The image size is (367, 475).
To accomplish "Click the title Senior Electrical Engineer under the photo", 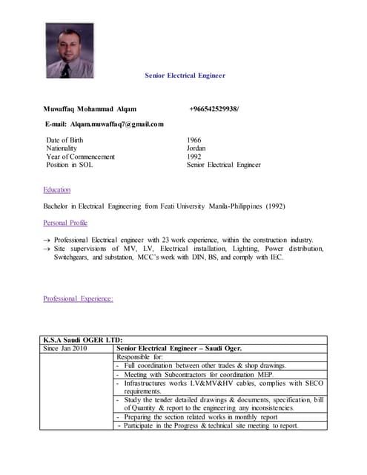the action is point(184,76).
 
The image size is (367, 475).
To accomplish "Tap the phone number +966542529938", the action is point(214,109).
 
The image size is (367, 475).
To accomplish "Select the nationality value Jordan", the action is point(196,148).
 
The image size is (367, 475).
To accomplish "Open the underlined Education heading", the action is point(57,190).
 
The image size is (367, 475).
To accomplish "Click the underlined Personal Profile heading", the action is point(65,223).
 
